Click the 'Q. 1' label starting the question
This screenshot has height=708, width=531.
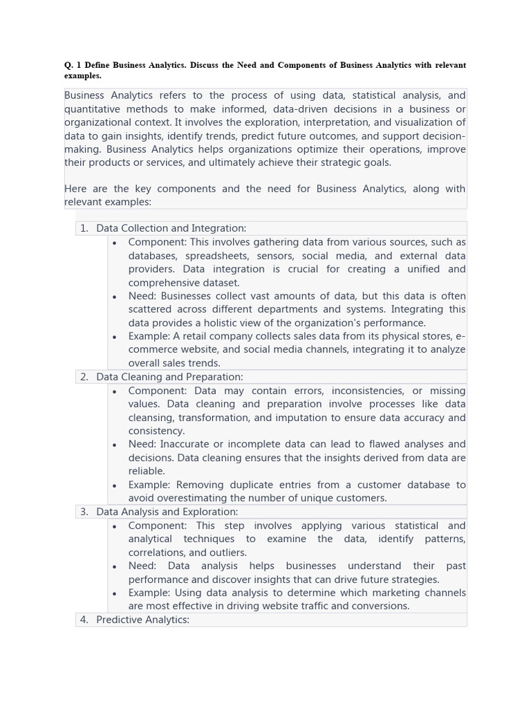[x=73, y=65]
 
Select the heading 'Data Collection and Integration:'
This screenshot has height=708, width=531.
[x=171, y=228]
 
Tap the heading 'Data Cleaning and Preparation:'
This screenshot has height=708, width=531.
[x=169, y=377]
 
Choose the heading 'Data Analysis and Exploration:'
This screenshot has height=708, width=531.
[x=167, y=512]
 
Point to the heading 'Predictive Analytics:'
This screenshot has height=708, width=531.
[x=142, y=619]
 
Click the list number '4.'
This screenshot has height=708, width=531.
[x=84, y=619]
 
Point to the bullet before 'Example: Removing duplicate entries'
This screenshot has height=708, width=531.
[x=114, y=485]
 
